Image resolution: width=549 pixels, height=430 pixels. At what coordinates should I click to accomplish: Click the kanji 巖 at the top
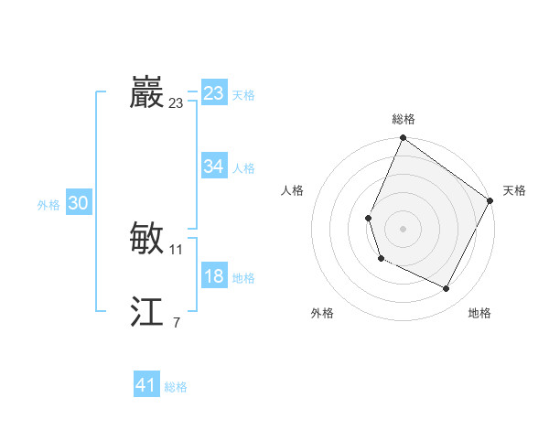[x=146, y=93]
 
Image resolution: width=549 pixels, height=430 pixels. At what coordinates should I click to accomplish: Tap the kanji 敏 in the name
[x=146, y=239]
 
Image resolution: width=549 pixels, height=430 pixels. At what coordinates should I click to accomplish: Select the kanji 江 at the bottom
[x=146, y=313]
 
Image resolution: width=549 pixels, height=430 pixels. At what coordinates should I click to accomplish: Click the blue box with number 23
[x=213, y=93]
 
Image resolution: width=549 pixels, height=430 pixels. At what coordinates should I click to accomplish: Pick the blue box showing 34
[x=213, y=167]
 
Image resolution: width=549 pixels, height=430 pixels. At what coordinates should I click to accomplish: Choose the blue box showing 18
[x=213, y=276]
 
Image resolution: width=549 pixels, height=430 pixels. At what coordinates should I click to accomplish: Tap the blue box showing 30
[x=78, y=204]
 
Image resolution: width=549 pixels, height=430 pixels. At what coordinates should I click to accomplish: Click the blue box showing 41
[x=146, y=385]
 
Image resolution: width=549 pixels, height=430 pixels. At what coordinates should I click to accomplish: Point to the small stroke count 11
[x=177, y=250]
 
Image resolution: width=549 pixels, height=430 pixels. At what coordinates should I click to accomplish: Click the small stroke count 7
[x=176, y=323]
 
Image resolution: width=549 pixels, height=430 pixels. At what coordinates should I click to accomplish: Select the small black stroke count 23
[x=177, y=104]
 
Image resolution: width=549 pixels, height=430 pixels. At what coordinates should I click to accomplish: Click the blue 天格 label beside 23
[x=243, y=95]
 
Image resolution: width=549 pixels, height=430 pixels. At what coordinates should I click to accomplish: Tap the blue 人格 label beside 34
[x=243, y=168]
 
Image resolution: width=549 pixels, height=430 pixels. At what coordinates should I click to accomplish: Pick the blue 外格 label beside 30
[x=48, y=206]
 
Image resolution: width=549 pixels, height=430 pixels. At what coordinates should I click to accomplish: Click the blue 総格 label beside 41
[x=176, y=387]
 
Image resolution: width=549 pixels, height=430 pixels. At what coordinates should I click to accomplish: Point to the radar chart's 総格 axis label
[x=404, y=119]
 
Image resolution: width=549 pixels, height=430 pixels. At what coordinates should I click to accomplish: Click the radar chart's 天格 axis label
[x=514, y=190]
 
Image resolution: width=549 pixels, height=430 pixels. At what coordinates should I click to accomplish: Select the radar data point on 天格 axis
[x=490, y=200]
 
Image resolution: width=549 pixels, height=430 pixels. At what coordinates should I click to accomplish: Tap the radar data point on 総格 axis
[x=403, y=138]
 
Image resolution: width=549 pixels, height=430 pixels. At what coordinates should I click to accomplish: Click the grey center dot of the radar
[x=403, y=229]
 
